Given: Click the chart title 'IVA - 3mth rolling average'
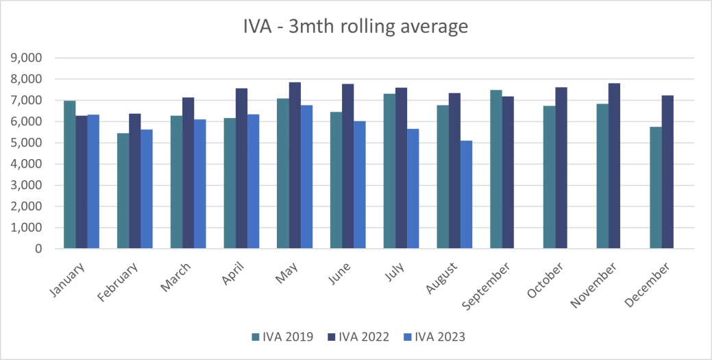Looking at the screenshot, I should click(356, 27).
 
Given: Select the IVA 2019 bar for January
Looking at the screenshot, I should click(69, 175).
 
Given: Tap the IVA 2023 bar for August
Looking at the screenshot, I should click(466, 195).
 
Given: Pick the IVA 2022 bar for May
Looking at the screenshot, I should click(295, 165).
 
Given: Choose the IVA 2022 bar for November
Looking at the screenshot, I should click(614, 166).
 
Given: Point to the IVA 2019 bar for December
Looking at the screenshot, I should click(656, 188).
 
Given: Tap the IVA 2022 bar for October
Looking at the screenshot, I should click(561, 168).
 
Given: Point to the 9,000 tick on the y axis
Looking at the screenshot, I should click(27, 58).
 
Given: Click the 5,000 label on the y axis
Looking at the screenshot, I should click(27, 143).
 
